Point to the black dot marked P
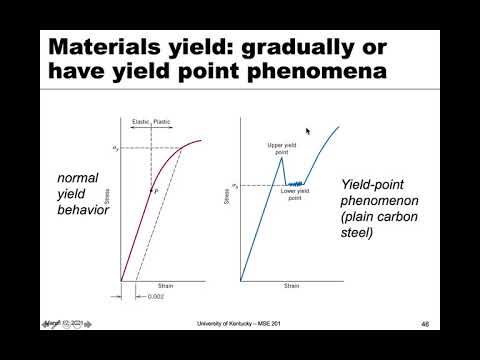(x=152, y=189)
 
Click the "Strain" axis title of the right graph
(x=291, y=286)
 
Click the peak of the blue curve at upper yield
(x=281, y=157)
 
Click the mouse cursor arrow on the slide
(x=308, y=131)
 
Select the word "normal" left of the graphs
(x=79, y=178)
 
